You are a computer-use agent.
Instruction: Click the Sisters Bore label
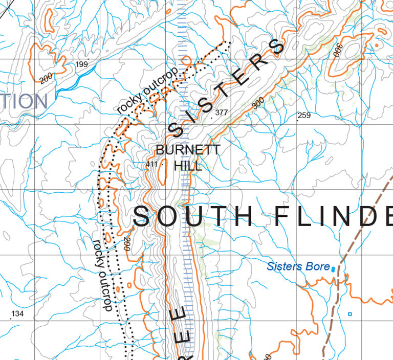click(298, 266)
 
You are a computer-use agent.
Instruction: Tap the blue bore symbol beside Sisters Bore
click(333, 268)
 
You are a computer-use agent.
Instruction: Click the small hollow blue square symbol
click(350, 313)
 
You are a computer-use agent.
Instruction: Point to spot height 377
click(222, 112)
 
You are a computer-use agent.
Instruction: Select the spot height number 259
click(304, 116)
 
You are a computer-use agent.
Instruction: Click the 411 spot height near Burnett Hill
click(151, 164)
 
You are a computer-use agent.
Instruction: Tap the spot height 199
click(81, 64)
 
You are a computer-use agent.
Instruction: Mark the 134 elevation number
click(17, 313)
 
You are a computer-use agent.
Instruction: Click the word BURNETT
click(188, 150)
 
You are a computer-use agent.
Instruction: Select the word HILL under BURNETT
click(188, 166)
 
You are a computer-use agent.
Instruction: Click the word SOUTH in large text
click(193, 216)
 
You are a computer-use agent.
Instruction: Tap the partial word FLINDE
click(333, 216)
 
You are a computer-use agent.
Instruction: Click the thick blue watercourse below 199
click(72, 84)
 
